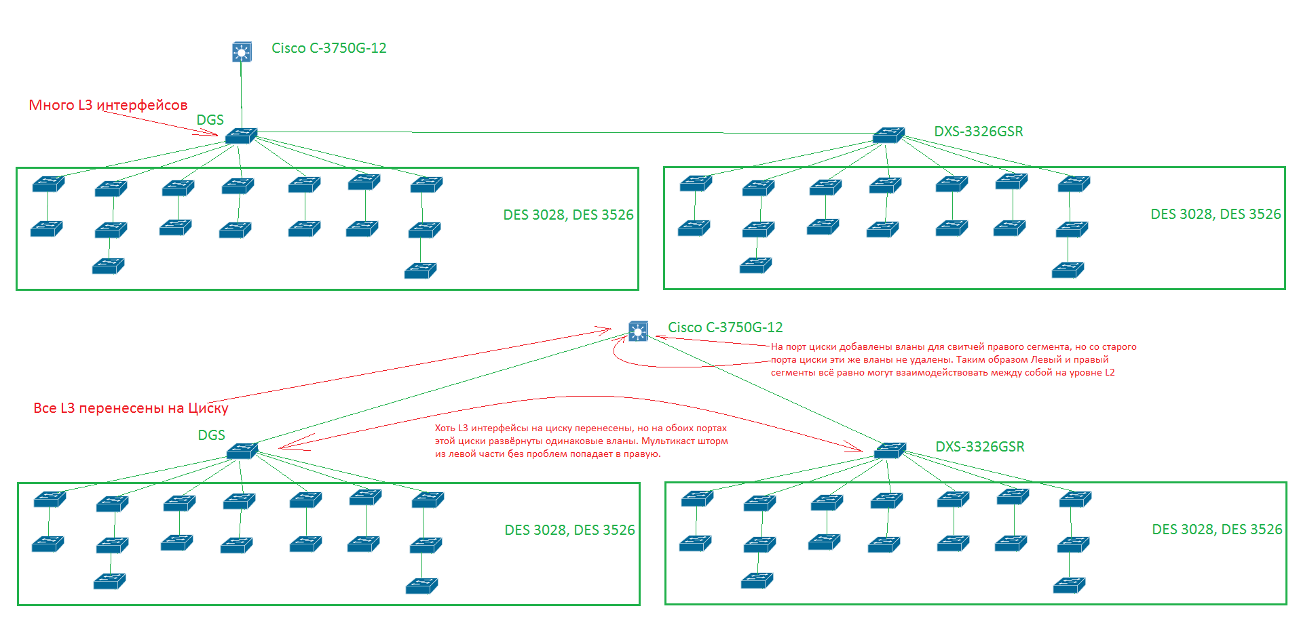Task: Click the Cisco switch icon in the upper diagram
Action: pyautogui.click(x=242, y=52)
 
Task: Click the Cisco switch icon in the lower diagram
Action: pyautogui.click(x=638, y=331)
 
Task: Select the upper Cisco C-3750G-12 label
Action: pyautogui.click(x=328, y=48)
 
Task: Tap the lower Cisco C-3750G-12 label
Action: pyautogui.click(x=725, y=327)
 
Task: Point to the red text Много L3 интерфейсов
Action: pyautogui.click(x=108, y=105)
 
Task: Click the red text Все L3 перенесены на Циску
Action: pyautogui.click(x=130, y=408)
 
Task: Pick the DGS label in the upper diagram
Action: pyautogui.click(x=210, y=120)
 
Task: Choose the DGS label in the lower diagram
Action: pyautogui.click(x=211, y=435)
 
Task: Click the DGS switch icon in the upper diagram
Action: pyautogui.click(x=241, y=136)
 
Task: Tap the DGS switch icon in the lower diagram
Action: pyautogui.click(x=242, y=451)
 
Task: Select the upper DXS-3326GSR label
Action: pyautogui.click(x=978, y=132)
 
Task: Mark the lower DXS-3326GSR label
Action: pyautogui.click(x=979, y=447)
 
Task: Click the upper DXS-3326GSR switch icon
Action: pyautogui.click(x=888, y=135)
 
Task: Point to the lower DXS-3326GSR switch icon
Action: pyautogui.click(x=890, y=450)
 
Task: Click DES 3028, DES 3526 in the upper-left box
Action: pyautogui.click(x=568, y=215)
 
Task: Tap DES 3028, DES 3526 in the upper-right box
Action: pyautogui.click(x=1216, y=214)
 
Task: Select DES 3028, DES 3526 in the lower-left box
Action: pyautogui.click(x=569, y=530)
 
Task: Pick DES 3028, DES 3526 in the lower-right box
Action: pyautogui.click(x=1217, y=529)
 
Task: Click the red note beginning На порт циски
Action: pyautogui.click(x=953, y=359)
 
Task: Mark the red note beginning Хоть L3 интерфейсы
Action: pyautogui.click(x=581, y=441)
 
